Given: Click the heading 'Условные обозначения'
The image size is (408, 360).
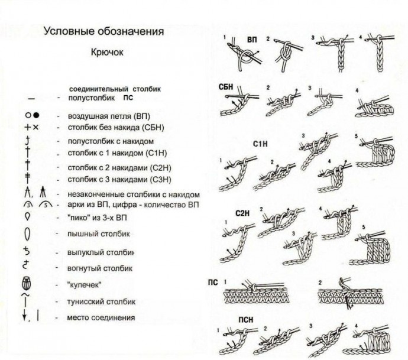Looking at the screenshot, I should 103,32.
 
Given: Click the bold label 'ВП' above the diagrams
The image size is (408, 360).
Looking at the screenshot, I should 252,40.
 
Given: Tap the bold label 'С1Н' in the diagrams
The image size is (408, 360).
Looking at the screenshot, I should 261,144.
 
